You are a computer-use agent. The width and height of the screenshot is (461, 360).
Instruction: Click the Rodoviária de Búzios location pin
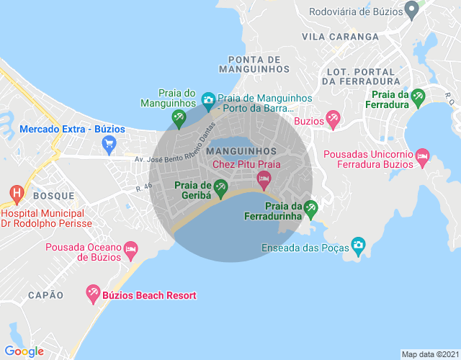[411, 11]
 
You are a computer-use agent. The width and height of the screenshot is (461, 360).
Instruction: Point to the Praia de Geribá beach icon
[220, 189]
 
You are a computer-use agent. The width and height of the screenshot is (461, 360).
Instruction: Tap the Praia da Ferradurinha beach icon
[310, 209]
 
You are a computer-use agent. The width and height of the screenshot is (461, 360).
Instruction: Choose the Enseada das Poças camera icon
[358, 247]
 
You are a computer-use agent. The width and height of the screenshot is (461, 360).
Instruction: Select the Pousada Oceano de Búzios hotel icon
[130, 250]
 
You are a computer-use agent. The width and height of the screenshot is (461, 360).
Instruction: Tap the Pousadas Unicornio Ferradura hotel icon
[423, 156]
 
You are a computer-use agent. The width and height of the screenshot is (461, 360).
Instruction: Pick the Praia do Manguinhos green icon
[178, 117]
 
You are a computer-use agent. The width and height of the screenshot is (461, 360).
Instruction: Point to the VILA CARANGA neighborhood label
[340, 36]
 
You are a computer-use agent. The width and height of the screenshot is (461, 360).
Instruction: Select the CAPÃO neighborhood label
[45, 295]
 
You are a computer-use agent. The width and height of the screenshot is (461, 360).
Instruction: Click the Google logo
[24, 351]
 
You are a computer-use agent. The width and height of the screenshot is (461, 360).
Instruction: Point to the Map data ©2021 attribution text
[429, 354]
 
